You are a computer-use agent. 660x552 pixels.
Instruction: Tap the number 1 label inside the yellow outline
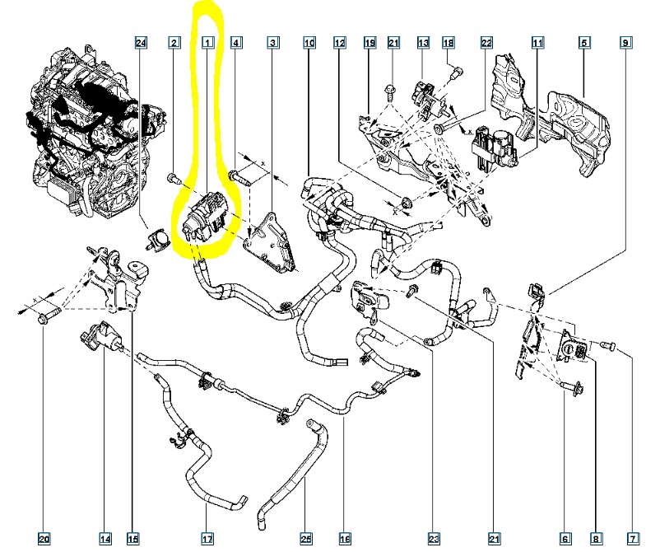[x=207, y=42]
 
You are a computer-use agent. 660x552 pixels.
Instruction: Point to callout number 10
[x=309, y=42]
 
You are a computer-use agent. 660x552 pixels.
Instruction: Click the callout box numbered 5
[x=583, y=42]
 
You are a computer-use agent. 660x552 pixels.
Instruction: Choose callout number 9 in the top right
[x=625, y=42]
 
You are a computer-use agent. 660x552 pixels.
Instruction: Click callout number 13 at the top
[x=423, y=42]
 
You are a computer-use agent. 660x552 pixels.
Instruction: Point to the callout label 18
[x=449, y=42]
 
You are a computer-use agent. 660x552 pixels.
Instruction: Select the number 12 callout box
[x=339, y=42]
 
